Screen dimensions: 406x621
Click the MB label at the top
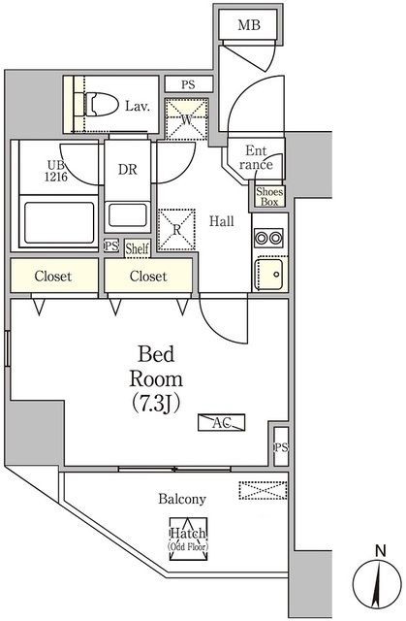pyautogui.click(x=249, y=25)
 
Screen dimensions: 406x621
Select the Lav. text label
pyautogui.click(x=138, y=106)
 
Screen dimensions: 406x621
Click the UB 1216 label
pyautogui.click(x=56, y=171)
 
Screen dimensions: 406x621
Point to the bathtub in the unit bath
pyautogui.click(x=59, y=223)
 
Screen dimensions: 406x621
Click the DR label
pyautogui.click(x=127, y=170)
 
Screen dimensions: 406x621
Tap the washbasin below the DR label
pyautogui.click(x=127, y=214)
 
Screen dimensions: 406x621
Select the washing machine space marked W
pyautogui.click(x=187, y=119)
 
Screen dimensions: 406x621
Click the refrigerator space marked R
pyautogui.click(x=176, y=230)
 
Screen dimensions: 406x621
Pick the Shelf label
pyautogui.click(x=138, y=248)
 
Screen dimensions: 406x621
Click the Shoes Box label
pyautogui.click(x=269, y=197)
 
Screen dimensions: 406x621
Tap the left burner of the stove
pyautogui.click(x=262, y=238)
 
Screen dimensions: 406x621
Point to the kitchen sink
pyautogui.click(x=269, y=274)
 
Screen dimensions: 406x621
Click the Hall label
pyautogui.click(x=221, y=221)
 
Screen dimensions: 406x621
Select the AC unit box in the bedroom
pyautogui.click(x=221, y=423)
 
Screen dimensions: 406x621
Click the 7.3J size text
pyautogui.click(x=156, y=403)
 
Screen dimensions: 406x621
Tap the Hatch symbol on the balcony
pyautogui.click(x=188, y=539)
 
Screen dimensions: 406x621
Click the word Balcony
pyautogui.click(x=182, y=499)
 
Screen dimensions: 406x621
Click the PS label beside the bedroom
pyautogui.click(x=281, y=448)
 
